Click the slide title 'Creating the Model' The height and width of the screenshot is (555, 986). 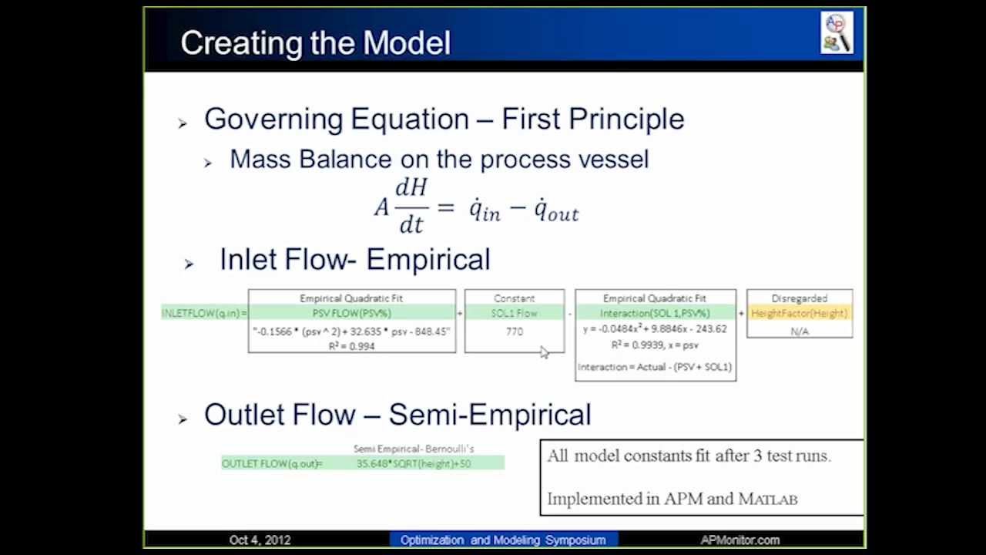[315, 43]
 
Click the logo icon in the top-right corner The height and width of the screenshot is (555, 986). [837, 33]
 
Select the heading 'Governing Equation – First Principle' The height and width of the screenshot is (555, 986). [444, 119]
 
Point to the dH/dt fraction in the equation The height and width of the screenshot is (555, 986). [411, 206]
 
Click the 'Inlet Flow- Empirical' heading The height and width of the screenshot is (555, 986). [354, 260]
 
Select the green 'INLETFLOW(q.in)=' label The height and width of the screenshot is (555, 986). [204, 313]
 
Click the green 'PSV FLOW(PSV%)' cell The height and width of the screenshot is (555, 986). [351, 313]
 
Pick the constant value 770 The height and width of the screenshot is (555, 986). [514, 331]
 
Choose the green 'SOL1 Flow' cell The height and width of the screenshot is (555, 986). [514, 313]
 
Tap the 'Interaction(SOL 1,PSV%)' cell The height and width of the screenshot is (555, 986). [655, 313]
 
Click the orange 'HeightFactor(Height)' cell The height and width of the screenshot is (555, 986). [799, 313]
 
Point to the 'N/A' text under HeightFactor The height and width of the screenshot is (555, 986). [799, 331]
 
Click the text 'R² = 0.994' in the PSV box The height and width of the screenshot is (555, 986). [351, 346]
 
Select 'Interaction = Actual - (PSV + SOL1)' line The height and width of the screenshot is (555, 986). [655, 367]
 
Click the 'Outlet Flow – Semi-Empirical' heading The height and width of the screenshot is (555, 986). [397, 415]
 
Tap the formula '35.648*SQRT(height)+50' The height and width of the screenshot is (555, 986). [413, 463]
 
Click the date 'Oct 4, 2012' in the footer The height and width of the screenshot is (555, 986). [260, 540]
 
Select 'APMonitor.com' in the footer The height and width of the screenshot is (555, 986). [739, 540]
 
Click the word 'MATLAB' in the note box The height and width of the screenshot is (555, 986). [767, 499]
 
